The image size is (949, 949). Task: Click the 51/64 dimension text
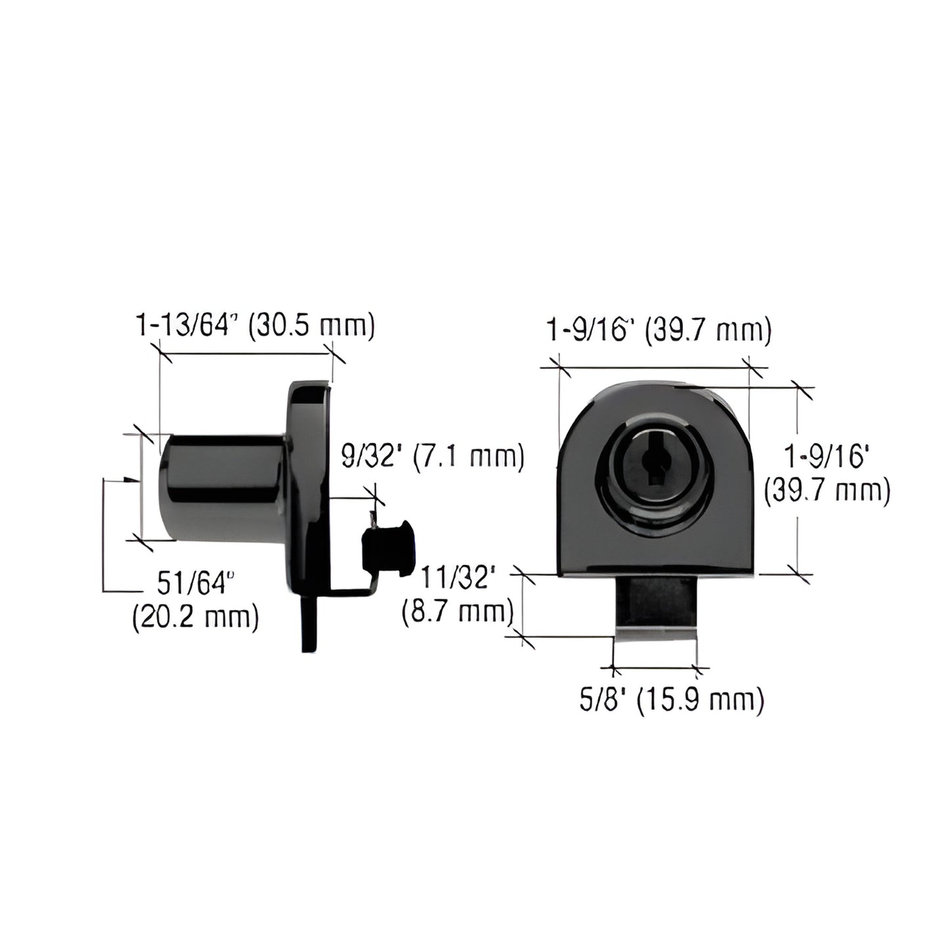195,583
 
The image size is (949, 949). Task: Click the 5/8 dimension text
598,700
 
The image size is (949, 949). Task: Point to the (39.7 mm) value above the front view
707,331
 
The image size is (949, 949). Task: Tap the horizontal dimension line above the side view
246,355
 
